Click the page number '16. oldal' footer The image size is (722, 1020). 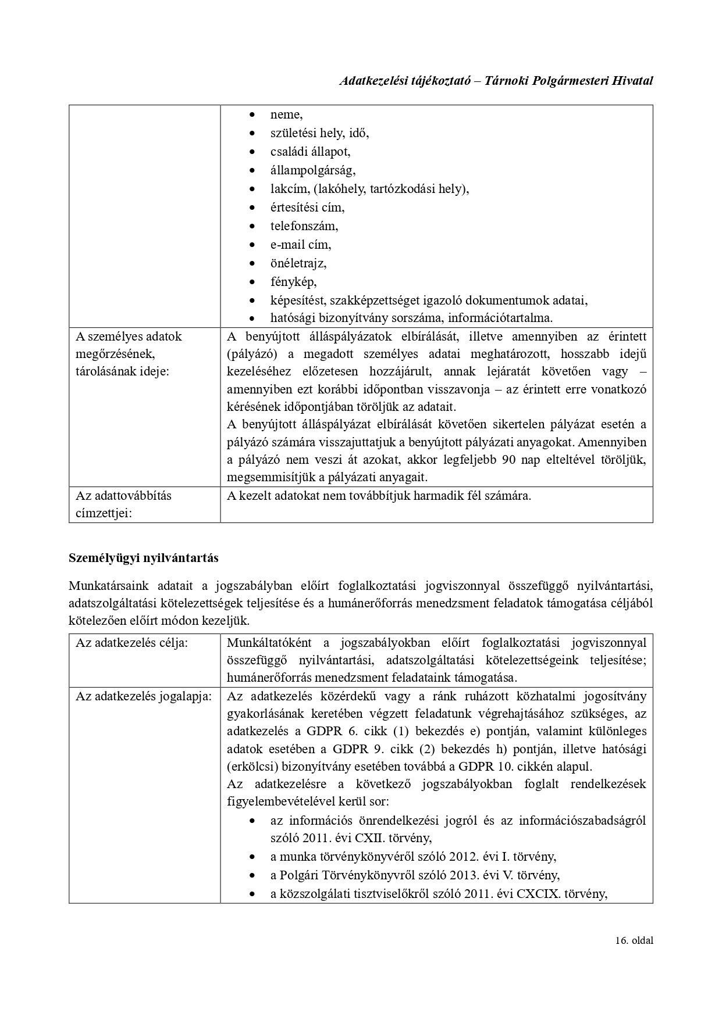(634, 957)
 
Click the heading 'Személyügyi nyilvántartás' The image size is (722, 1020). (144, 558)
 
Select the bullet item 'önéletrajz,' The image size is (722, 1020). (298, 263)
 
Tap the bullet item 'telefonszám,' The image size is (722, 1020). (304, 226)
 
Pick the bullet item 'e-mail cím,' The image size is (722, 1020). (300, 245)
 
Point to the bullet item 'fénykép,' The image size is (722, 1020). (293, 282)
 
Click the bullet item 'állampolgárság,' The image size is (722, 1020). (312, 170)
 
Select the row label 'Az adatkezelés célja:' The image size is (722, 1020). (131, 643)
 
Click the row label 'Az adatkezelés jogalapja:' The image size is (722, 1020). (143, 696)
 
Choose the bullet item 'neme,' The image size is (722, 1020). (286, 114)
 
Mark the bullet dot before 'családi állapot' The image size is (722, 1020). (251, 152)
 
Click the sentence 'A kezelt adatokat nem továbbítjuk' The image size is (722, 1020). (379, 496)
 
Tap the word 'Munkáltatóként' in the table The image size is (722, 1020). (270, 643)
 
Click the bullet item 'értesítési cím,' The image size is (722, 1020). (307, 207)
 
